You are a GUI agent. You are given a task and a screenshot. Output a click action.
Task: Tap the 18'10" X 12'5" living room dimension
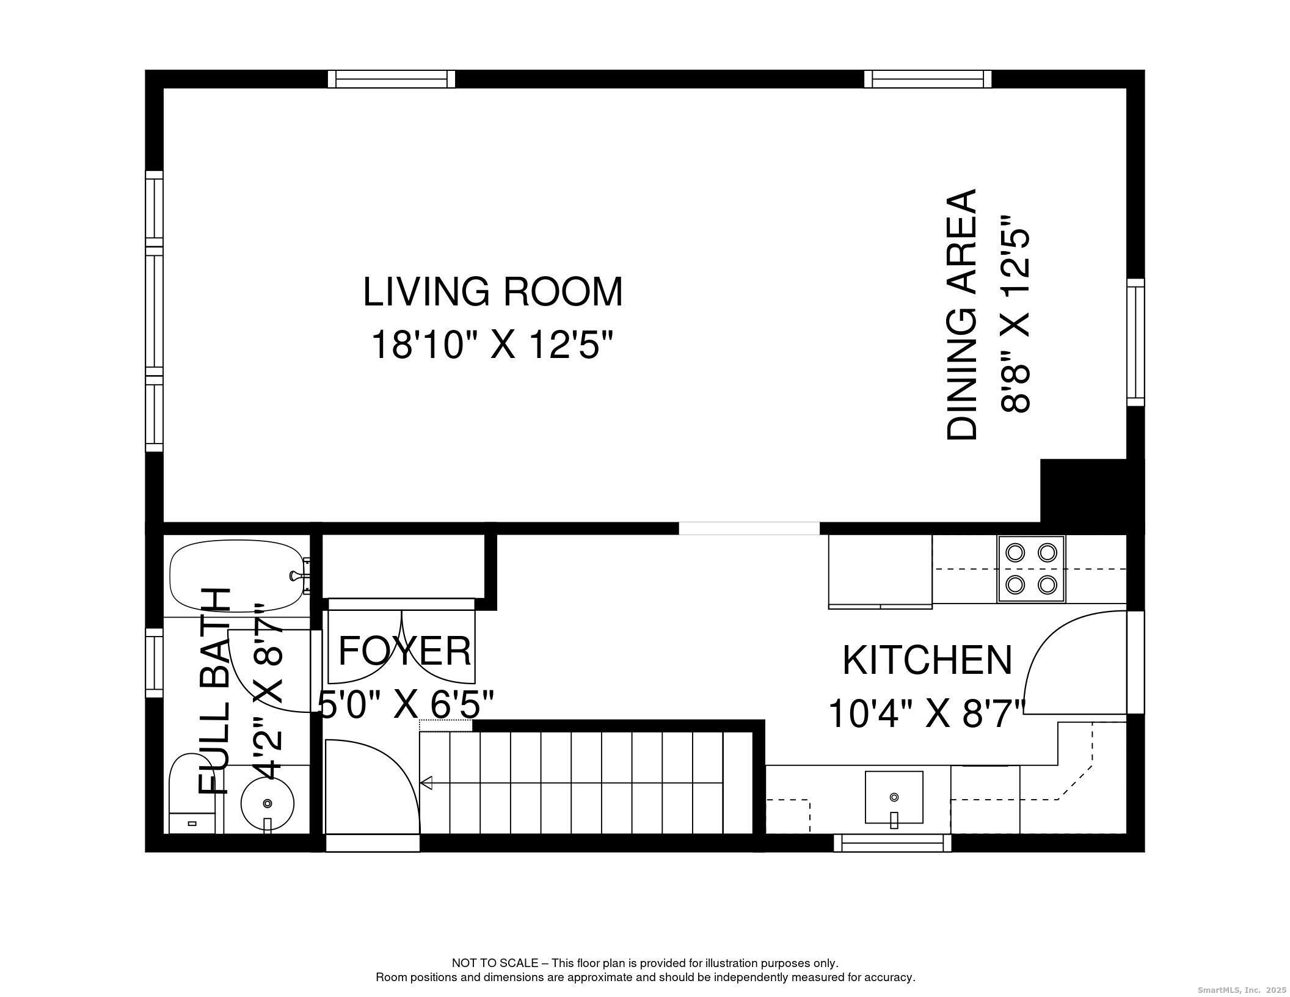(x=492, y=345)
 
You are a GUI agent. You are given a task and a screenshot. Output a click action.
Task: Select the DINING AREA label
(x=962, y=314)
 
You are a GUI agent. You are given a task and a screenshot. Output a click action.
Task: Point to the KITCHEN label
(x=927, y=660)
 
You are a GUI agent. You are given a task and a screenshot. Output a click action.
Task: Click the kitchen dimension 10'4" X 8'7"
(x=926, y=713)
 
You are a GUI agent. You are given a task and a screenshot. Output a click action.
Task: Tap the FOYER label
(x=404, y=651)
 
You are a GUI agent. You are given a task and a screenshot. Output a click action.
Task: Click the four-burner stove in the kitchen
(x=1031, y=569)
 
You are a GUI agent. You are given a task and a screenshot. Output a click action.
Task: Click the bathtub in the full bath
(x=237, y=577)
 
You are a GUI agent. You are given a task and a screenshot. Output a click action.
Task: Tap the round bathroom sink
(x=267, y=803)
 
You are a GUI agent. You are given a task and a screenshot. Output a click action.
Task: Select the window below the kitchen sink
(x=893, y=843)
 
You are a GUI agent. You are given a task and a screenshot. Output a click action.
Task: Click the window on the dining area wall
(x=1135, y=341)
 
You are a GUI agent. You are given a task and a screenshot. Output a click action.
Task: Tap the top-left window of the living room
(x=392, y=79)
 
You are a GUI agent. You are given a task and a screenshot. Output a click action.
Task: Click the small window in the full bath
(x=154, y=663)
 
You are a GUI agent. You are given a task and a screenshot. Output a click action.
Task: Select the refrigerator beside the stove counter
(x=880, y=572)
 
